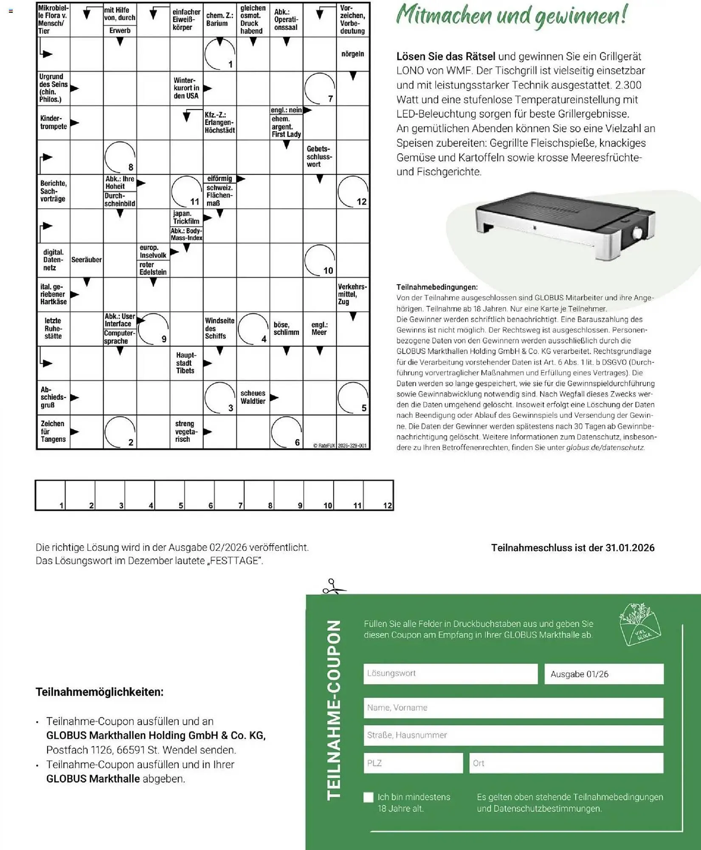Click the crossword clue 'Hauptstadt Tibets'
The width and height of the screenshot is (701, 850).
pyautogui.click(x=186, y=363)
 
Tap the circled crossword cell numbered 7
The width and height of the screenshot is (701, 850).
pyautogui.click(x=320, y=88)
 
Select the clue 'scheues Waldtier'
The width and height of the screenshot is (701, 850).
pyautogui.click(x=253, y=397)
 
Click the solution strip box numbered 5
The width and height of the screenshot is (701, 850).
pyautogui.click(x=169, y=495)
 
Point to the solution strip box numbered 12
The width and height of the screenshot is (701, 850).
pyautogui.click(x=378, y=495)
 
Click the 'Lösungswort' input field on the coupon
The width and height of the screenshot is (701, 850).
pyautogui.click(x=450, y=674)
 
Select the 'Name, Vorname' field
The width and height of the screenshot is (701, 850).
pyautogui.click(x=513, y=708)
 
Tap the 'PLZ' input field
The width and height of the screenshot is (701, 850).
pyautogui.click(x=413, y=763)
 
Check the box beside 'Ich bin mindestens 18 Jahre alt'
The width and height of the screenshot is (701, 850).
pyautogui.click(x=369, y=797)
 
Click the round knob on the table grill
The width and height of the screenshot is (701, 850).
pyautogui.click(x=638, y=233)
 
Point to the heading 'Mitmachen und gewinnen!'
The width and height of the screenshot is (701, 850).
pyautogui.click(x=511, y=16)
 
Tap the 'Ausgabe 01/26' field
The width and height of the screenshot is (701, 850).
pyautogui.click(x=603, y=674)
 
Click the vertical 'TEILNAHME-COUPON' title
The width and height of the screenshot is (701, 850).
pyautogui.click(x=334, y=710)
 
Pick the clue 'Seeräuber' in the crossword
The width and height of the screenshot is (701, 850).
pyautogui.click(x=86, y=260)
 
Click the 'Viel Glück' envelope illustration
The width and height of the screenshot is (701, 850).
pyautogui.click(x=639, y=623)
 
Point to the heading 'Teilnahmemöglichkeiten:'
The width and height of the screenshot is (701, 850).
pyautogui.click(x=99, y=691)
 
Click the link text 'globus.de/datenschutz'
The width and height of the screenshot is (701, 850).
pyautogui.click(x=605, y=448)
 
